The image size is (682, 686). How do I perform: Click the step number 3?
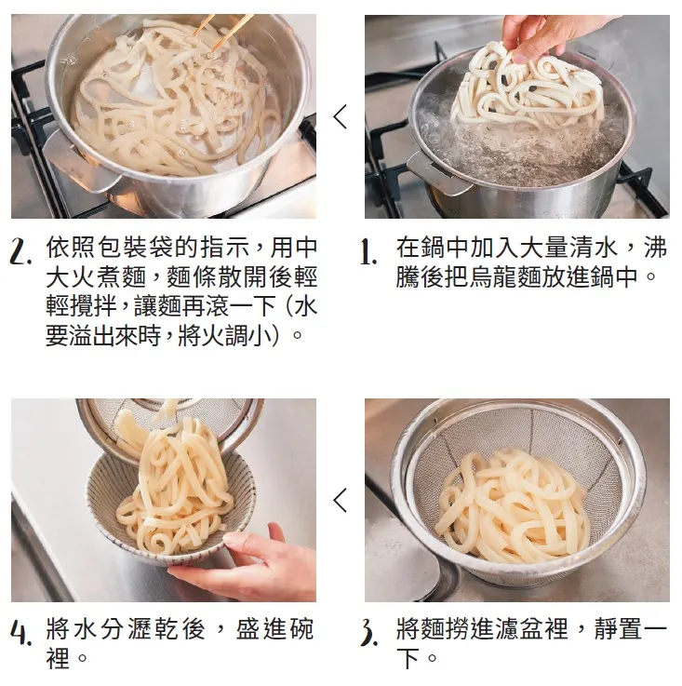[369, 636]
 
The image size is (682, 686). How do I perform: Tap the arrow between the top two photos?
[340, 117]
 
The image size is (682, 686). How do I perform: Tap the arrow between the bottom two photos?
[340, 500]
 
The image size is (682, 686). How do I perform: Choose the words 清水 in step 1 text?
[598, 249]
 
